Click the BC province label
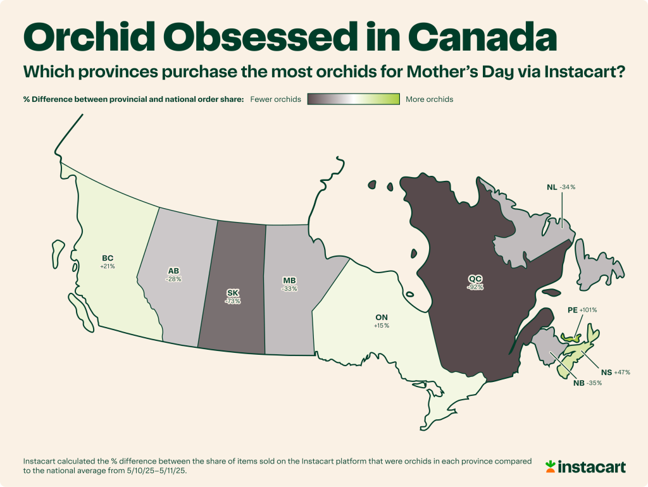[107, 258]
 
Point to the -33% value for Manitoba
[289, 288]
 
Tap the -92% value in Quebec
[476, 287]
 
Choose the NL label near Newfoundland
[552, 187]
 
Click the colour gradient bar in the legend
[353, 99]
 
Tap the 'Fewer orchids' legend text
[276, 99]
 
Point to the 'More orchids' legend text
[430, 99]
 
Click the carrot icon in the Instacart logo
[551, 467]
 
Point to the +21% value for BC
[107, 267]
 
